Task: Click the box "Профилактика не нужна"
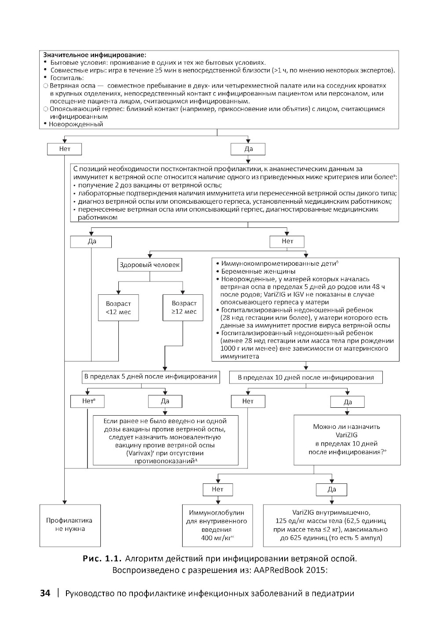(65, 525)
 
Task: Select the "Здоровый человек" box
(150, 265)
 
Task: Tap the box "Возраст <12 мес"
(118, 307)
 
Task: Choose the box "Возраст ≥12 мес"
(184, 307)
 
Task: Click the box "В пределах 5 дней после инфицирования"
(150, 377)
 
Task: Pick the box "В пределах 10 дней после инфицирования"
(306, 377)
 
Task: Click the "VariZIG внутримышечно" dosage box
(332, 525)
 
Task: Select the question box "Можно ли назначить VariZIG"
(347, 439)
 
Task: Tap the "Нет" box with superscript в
(87, 401)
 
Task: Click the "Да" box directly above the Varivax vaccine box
(165, 401)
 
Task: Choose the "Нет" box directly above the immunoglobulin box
(218, 489)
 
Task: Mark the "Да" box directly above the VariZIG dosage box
(332, 489)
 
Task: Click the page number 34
(45, 593)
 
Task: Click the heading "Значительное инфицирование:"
(94, 55)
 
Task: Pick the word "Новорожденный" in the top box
(76, 124)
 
